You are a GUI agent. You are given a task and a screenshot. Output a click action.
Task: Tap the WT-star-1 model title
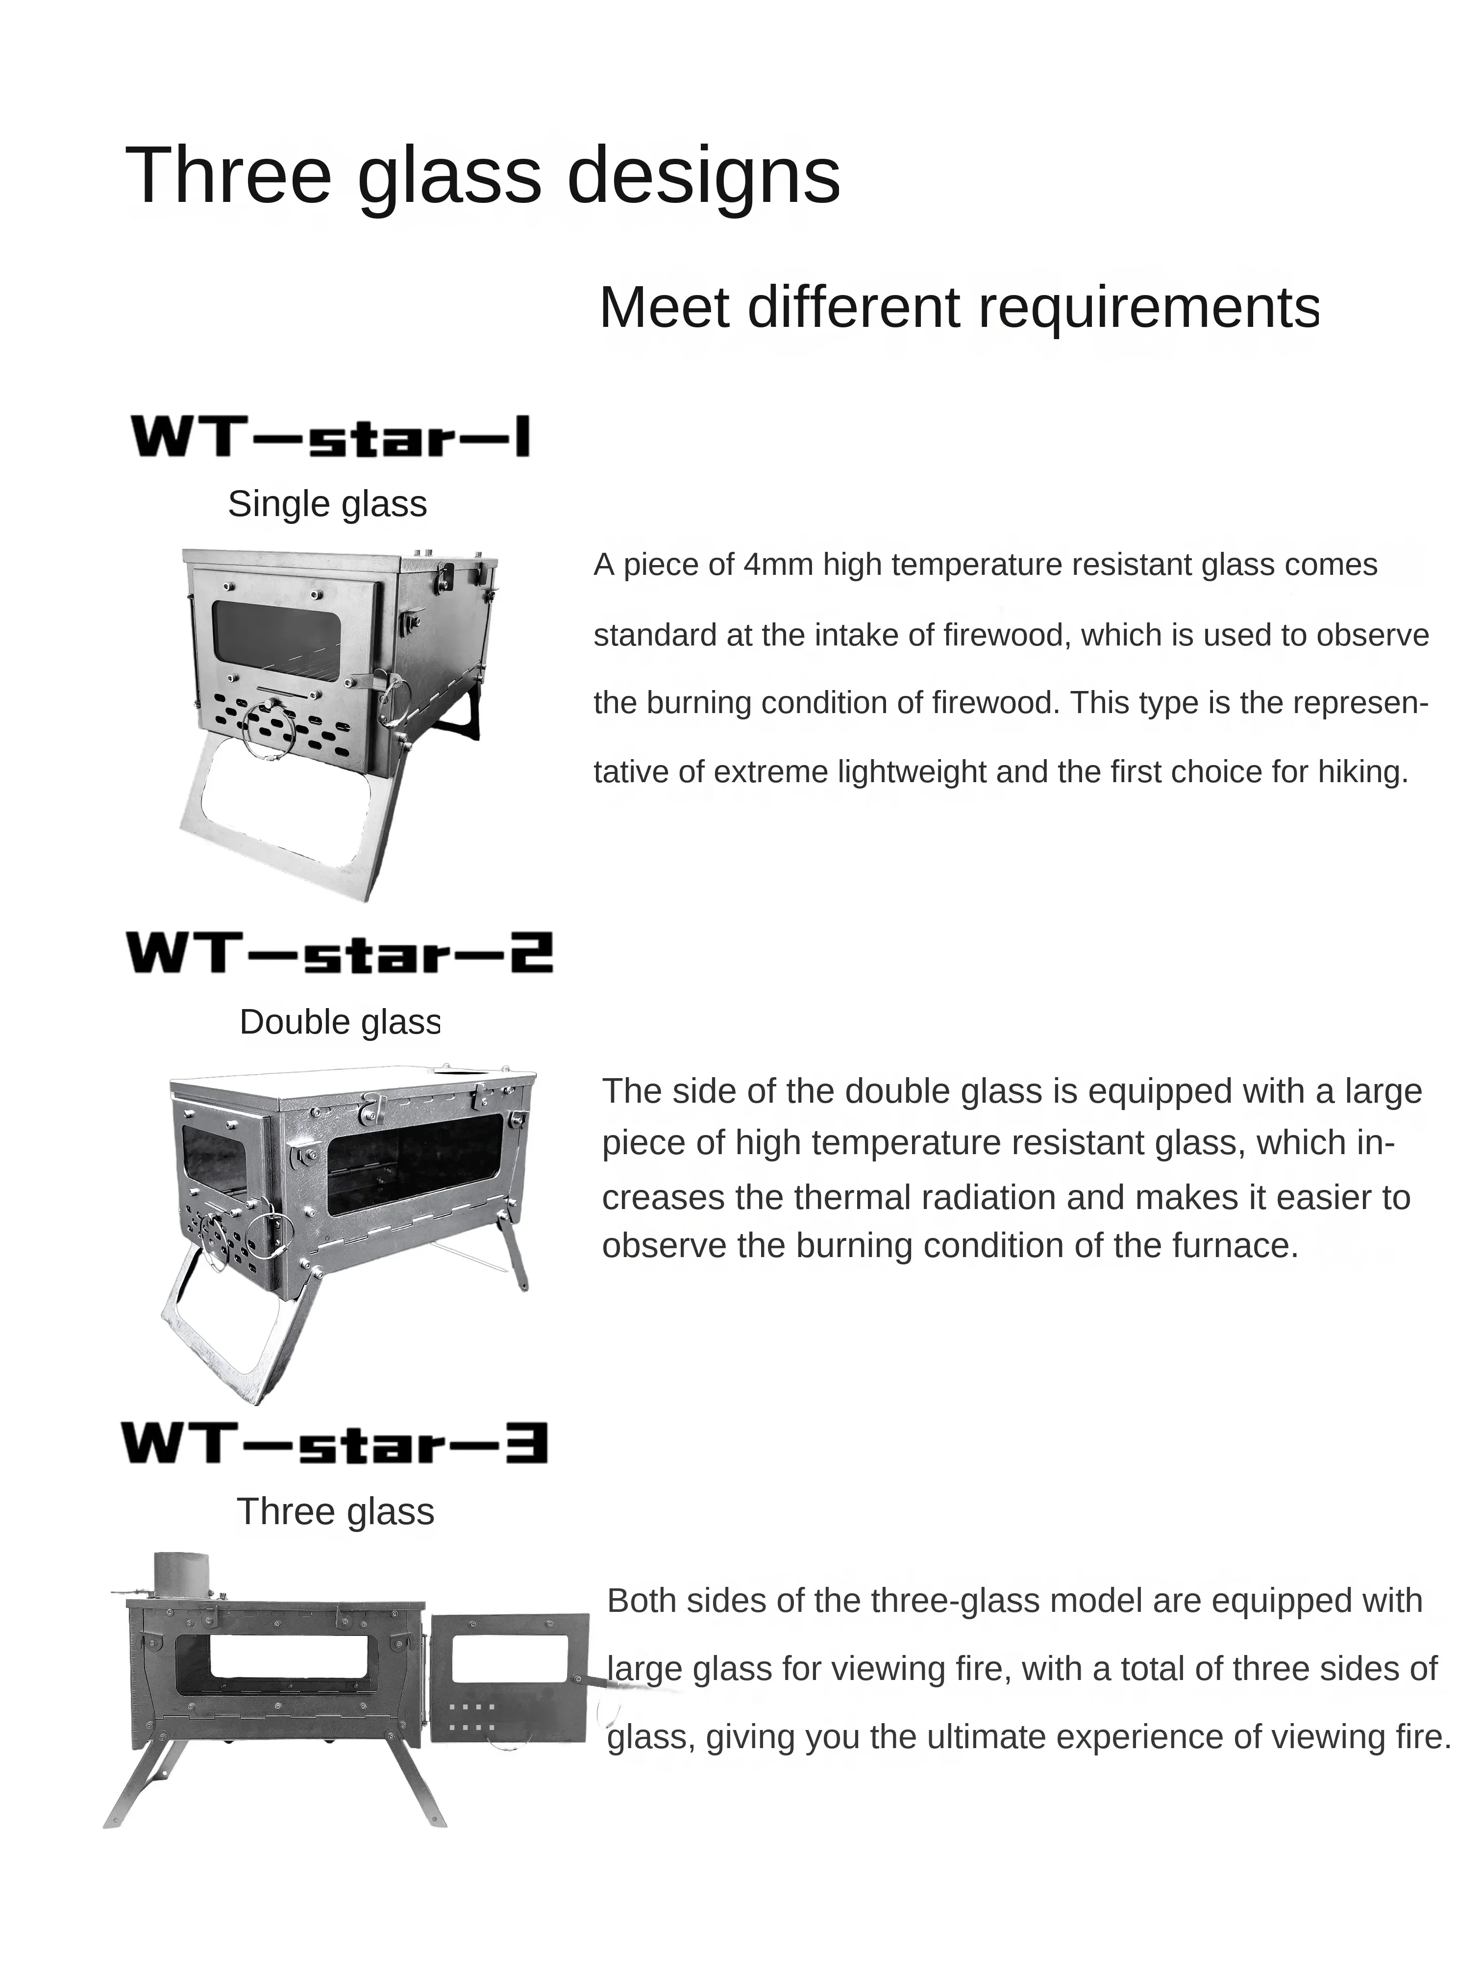[x=330, y=437]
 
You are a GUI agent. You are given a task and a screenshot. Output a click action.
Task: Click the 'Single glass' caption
[x=327, y=504]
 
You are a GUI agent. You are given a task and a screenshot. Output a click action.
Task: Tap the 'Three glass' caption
[x=335, y=1511]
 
